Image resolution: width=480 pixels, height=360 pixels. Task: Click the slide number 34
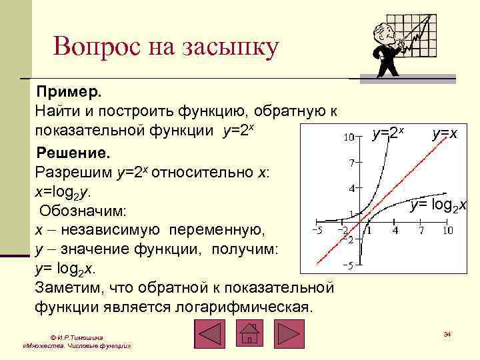[x=447, y=333]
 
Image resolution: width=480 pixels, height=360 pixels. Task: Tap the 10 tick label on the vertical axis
[x=348, y=137]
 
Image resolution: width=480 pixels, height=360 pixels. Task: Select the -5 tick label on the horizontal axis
[x=317, y=231]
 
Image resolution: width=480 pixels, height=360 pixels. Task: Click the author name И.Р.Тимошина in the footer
[x=79, y=338]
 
